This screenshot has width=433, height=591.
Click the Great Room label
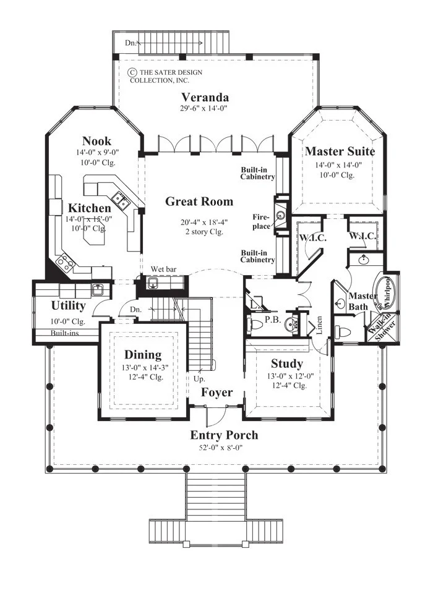coord(199,202)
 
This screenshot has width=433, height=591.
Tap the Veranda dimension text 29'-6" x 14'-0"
coord(204,109)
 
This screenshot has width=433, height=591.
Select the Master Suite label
coord(340,151)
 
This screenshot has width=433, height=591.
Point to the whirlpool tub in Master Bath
coord(384,294)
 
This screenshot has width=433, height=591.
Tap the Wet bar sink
coord(154,283)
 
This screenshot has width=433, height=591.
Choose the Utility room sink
coord(98,289)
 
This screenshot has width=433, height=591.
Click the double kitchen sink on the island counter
coord(121,200)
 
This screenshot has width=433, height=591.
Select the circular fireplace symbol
coord(281,216)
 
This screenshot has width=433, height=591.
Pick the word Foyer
coord(217,393)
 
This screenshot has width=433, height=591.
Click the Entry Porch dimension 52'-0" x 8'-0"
coord(221,448)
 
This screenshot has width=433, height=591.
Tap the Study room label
coord(286,364)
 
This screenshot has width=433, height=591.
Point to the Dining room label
coord(143,355)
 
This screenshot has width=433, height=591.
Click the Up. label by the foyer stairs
coord(199,379)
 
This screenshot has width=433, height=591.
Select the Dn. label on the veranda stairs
coord(131,43)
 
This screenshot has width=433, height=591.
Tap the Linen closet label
coord(319,325)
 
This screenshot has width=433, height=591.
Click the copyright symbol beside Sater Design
coord(132,72)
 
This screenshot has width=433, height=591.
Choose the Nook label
coord(97,141)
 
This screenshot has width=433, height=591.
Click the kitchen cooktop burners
coord(64,261)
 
